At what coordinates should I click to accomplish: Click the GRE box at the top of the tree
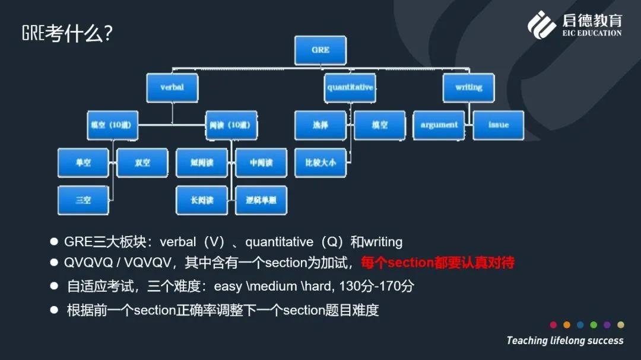(x=320, y=50)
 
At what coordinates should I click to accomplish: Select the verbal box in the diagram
(x=172, y=87)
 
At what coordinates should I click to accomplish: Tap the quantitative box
(x=350, y=87)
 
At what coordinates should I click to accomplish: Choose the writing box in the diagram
(x=469, y=87)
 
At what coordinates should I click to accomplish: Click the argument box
(x=439, y=125)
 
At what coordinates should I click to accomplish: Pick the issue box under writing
(x=499, y=125)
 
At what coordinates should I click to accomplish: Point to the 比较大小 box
(x=320, y=163)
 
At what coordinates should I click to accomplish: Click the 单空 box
(x=83, y=163)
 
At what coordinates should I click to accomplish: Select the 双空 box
(x=142, y=163)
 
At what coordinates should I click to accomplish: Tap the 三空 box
(x=83, y=200)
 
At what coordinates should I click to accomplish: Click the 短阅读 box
(x=202, y=163)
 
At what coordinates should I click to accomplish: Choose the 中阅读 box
(x=261, y=163)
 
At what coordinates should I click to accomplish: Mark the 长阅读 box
(x=202, y=200)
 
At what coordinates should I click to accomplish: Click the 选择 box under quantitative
(x=320, y=125)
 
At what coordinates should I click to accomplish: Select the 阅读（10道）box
(x=231, y=125)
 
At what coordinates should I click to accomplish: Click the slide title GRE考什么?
(x=67, y=33)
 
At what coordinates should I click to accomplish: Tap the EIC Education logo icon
(x=542, y=25)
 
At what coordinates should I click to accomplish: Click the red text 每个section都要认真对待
(x=437, y=262)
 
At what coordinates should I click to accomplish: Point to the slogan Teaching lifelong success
(x=564, y=340)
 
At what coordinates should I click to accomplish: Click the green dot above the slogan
(x=594, y=325)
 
